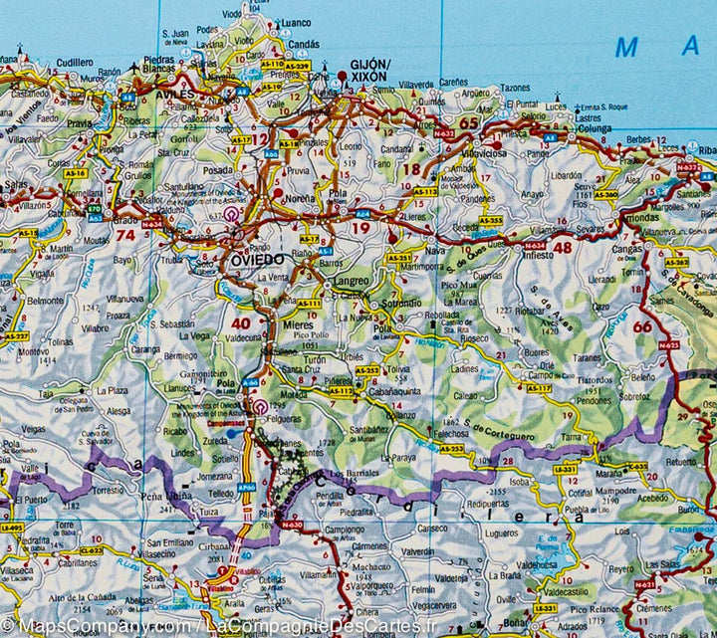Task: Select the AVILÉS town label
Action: pyautogui.click(x=175, y=93)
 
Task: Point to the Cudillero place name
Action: pyautogui.click(x=75, y=62)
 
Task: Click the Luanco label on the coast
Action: pyautogui.click(x=296, y=22)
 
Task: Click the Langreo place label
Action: pyautogui.click(x=350, y=282)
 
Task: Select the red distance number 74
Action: pyautogui.click(x=124, y=235)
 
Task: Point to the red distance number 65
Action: pyautogui.click(x=468, y=123)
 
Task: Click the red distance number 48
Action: pyautogui.click(x=563, y=247)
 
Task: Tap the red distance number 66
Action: pyautogui.click(x=642, y=325)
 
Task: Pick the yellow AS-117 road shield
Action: pyautogui.click(x=539, y=388)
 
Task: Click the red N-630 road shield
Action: pyautogui.click(x=291, y=524)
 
